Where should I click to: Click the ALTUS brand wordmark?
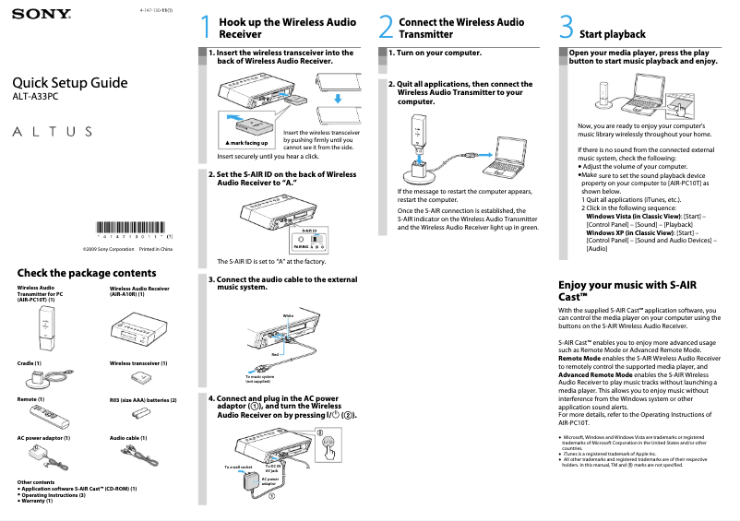pos(53,131)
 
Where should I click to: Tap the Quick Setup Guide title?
pos(69,83)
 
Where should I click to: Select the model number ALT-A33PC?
pos(34,97)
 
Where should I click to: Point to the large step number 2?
pos(387,28)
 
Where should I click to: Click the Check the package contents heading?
pos(87,273)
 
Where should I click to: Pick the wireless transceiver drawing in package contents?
pos(143,377)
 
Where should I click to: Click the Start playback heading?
pos(613,34)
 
